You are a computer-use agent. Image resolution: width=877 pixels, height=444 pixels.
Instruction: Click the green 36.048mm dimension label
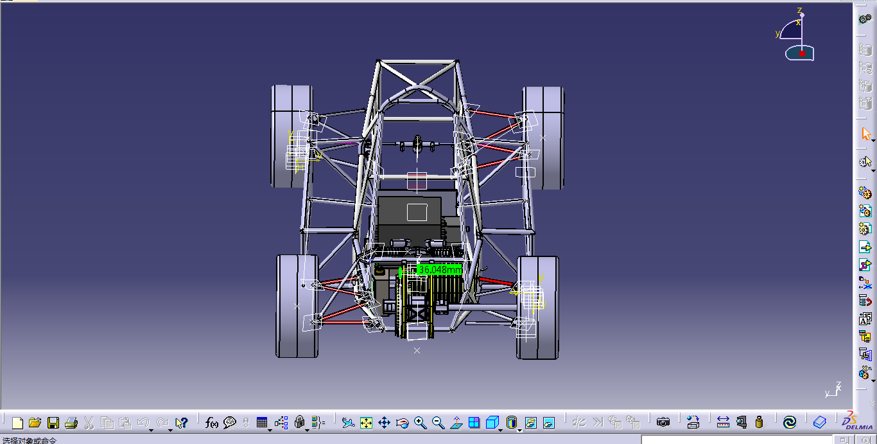tap(439, 269)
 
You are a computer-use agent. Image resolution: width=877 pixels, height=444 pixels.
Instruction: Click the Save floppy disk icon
tap(53, 422)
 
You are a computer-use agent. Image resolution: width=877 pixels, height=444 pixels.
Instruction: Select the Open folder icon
tap(35, 422)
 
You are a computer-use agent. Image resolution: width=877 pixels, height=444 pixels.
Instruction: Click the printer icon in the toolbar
tap(71, 422)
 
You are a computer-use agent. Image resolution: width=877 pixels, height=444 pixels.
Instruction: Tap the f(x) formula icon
tap(211, 422)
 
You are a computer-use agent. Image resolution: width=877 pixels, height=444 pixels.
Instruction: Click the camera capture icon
tap(663, 422)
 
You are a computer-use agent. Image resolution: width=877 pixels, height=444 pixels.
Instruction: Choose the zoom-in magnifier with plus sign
tap(421, 422)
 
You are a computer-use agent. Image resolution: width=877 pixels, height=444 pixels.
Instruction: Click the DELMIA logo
tap(858, 421)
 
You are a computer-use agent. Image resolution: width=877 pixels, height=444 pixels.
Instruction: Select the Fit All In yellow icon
tap(366, 422)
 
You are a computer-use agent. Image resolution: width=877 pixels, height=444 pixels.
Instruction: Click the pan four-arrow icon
tap(384, 422)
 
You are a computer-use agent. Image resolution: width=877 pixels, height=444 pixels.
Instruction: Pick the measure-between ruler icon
tap(723, 422)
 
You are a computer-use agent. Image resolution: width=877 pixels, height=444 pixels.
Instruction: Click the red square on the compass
tap(802, 54)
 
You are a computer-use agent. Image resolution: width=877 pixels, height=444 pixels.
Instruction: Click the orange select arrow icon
tap(865, 134)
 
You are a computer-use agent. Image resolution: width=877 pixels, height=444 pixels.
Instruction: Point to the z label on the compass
tap(800, 10)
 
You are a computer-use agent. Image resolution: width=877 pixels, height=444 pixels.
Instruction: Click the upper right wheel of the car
tap(544, 138)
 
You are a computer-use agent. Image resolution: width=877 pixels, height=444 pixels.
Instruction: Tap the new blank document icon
tap(17, 422)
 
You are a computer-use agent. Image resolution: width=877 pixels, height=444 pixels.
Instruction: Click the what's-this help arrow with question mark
tap(182, 422)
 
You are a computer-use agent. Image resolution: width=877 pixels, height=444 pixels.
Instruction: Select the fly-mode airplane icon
tap(348, 422)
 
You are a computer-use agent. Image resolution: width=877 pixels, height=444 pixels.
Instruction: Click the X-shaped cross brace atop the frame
tap(417, 80)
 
